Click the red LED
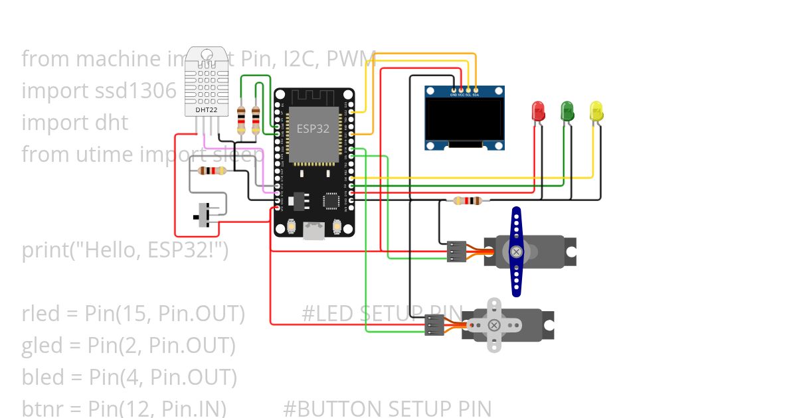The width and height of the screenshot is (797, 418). point(538,110)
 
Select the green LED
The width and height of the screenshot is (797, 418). point(567,110)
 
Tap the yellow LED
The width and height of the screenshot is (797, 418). point(596,110)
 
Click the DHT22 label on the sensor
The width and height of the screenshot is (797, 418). point(206,109)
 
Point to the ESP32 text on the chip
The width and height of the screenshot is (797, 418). point(313,129)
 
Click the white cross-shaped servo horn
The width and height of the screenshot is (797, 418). point(493,324)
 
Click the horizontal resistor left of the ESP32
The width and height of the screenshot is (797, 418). point(212,171)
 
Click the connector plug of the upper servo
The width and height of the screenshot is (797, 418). point(456,251)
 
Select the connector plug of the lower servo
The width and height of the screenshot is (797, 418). point(434,324)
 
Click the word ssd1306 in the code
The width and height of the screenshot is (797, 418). point(136,90)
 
